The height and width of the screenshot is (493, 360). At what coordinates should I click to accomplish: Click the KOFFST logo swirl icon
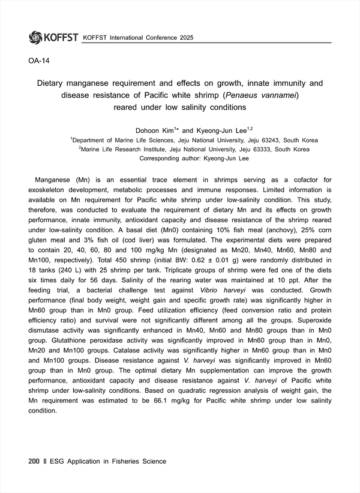pyautogui.click(x=35, y=37)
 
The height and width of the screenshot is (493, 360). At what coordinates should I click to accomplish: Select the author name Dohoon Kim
pyautogui.click(x=153, y=130)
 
